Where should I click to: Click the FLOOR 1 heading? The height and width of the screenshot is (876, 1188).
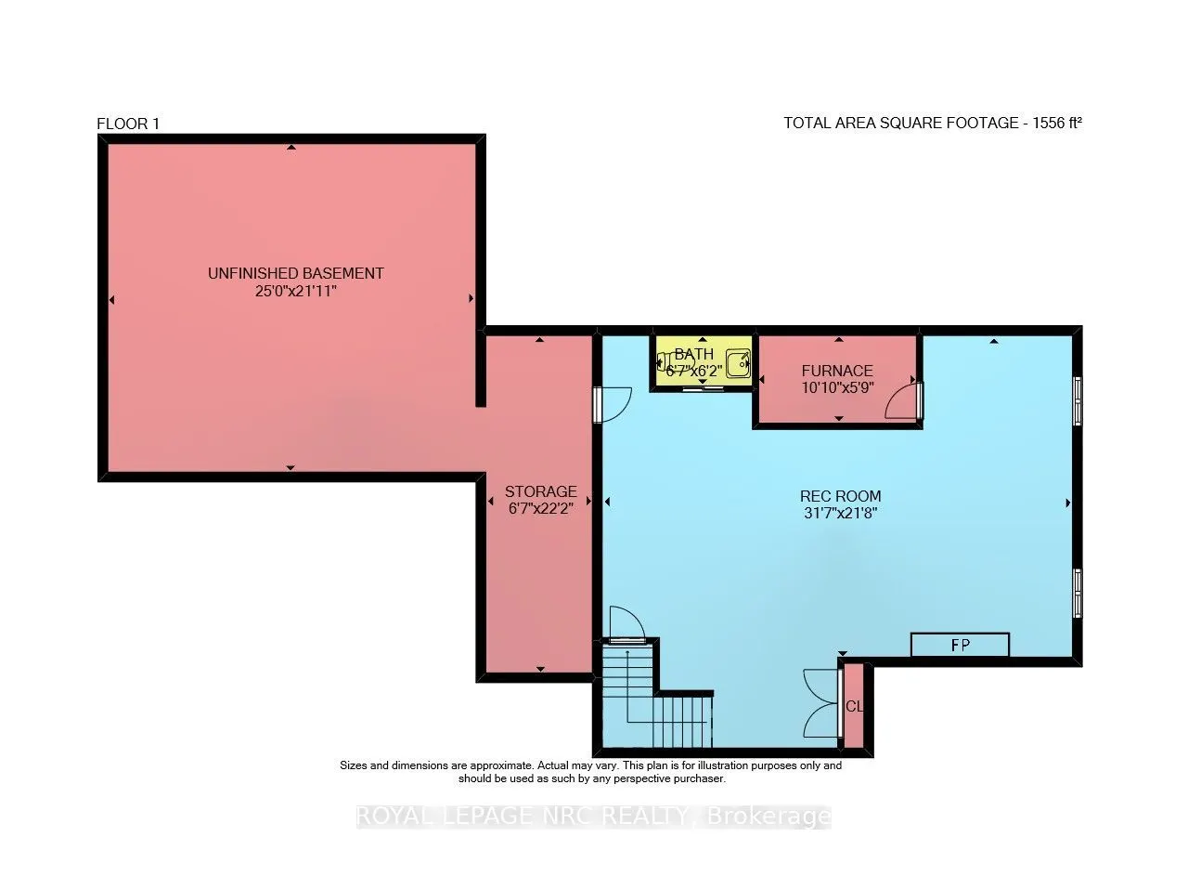click(128, 124)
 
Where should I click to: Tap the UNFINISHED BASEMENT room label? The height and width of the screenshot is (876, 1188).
click(295, 273)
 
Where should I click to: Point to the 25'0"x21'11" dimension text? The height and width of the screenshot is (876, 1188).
click(295, 291)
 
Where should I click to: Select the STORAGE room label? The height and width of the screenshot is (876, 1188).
click(540, 491)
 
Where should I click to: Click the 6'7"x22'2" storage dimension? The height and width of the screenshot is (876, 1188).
click(540, 509)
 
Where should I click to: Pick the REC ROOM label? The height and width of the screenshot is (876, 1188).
click(840, 496)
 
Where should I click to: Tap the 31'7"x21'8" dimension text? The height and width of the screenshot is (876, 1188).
click(840, 514)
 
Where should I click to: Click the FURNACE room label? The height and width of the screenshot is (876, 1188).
click(837, 371)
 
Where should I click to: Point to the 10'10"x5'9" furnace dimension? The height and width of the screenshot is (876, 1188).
click(837, 387)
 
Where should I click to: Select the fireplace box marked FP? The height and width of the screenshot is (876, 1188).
click(960, 645)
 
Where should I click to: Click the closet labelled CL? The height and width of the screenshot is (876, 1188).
click(854, 706)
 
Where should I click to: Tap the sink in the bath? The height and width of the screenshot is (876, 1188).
click(738, 364)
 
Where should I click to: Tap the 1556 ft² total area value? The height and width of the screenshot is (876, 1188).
click(1057, 124)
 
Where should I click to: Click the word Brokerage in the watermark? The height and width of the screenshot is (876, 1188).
click(769, 817)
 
